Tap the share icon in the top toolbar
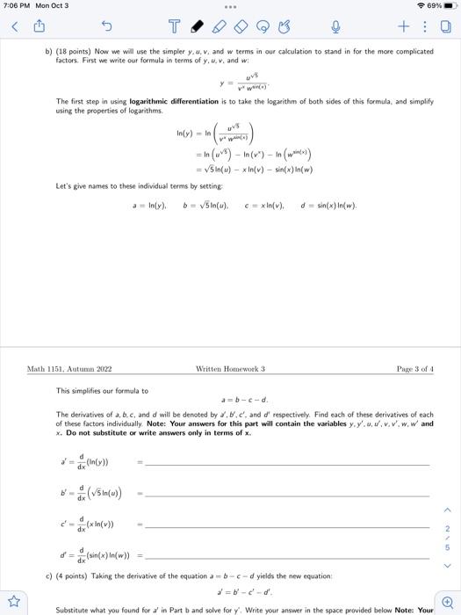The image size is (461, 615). tap(39, 27)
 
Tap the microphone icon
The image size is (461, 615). tap(335, 27)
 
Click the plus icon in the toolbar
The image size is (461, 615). tap(402, 27)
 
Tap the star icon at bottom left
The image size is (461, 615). tap(14, 602)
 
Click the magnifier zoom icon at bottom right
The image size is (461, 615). tap(446, 602)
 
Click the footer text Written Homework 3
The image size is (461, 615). tap(230, 369)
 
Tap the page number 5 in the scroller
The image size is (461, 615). tap(447, 546)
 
